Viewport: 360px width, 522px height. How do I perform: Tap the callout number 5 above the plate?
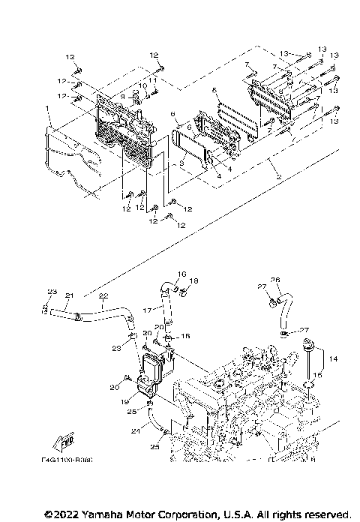point(214,91)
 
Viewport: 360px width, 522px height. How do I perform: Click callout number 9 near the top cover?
point(122,96)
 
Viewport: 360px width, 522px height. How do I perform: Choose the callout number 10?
point(140,86)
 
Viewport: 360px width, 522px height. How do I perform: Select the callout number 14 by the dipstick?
point(334,360)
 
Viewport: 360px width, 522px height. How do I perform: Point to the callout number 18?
point(193,281)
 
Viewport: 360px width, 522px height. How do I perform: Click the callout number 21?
point(69,295)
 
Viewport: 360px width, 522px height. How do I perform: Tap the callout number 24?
point(136,430)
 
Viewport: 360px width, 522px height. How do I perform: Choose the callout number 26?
point(274,280)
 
